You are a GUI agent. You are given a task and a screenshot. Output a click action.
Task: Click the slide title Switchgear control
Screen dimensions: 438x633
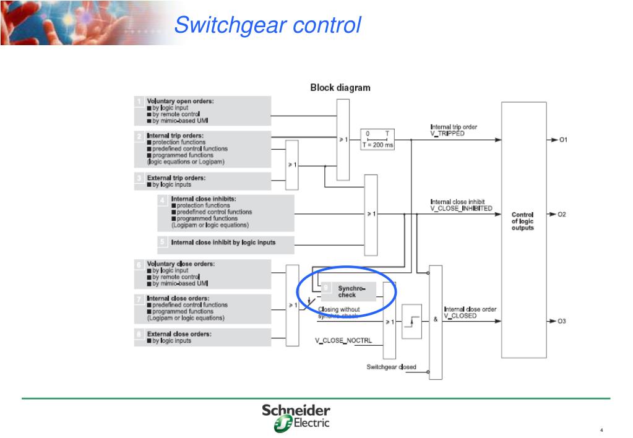[x=267, y=25]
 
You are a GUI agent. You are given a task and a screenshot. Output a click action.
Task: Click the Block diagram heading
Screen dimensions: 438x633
[x=340, y=88]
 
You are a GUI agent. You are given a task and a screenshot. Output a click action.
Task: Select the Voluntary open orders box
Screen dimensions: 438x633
[x=203, y=111]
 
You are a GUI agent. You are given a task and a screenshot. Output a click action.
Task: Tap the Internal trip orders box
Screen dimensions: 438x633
[x=203, y=148]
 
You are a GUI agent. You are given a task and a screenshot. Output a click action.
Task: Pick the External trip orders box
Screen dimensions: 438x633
[x=203, y=181]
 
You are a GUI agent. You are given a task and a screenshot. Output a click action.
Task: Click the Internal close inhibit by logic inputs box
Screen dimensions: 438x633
[x=225, y=242]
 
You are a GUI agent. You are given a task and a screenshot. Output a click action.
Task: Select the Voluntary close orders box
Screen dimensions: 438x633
[x=203, y=273]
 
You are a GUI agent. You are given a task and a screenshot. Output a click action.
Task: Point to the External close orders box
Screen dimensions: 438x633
[x=203, y=337]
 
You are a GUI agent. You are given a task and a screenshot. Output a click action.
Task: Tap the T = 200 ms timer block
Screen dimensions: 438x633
[x=377, y=139]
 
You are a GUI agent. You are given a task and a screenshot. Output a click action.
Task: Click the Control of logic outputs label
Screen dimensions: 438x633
[x=522, y=221]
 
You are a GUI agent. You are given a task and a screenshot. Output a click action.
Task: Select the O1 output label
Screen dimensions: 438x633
[x=562, y=140]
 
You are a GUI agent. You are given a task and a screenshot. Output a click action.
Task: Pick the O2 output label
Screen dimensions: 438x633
[x=562, y=214]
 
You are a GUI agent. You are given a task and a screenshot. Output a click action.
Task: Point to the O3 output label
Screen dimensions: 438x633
[x=562, y=321]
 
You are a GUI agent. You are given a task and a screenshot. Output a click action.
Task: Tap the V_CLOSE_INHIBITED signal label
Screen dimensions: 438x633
[x=462, y=208]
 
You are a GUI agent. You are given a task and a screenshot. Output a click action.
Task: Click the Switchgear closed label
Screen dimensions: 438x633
[x=391, y=367]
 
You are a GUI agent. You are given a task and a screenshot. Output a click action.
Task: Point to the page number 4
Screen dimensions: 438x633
[x=601, y=431]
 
